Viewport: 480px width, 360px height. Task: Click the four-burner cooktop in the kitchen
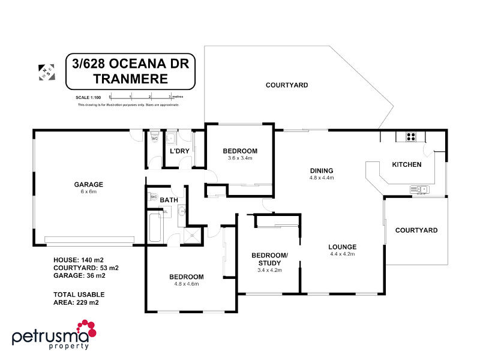[x=412, y=136]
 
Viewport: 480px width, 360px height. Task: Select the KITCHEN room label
[x=407, y=164]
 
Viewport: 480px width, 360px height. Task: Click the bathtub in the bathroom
[x=154, y=225]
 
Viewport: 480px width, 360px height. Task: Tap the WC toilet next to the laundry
[x=154, y=139]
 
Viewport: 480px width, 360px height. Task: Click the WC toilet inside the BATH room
[x=153, y=196]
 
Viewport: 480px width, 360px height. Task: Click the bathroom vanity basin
[x=182, y=210]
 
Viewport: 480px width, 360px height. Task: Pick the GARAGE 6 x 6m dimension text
[x=89, y=192]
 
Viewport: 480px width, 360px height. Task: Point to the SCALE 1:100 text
[x=88, y=97]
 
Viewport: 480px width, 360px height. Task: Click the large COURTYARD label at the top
[x=287, y=85]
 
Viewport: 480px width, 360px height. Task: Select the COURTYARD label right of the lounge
[x=416, y=230]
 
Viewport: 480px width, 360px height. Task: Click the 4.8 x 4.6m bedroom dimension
[x=186, y=284]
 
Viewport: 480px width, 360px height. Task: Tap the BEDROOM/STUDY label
[x=269, y=259]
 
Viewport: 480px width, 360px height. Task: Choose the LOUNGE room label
[x=343, y=247]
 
